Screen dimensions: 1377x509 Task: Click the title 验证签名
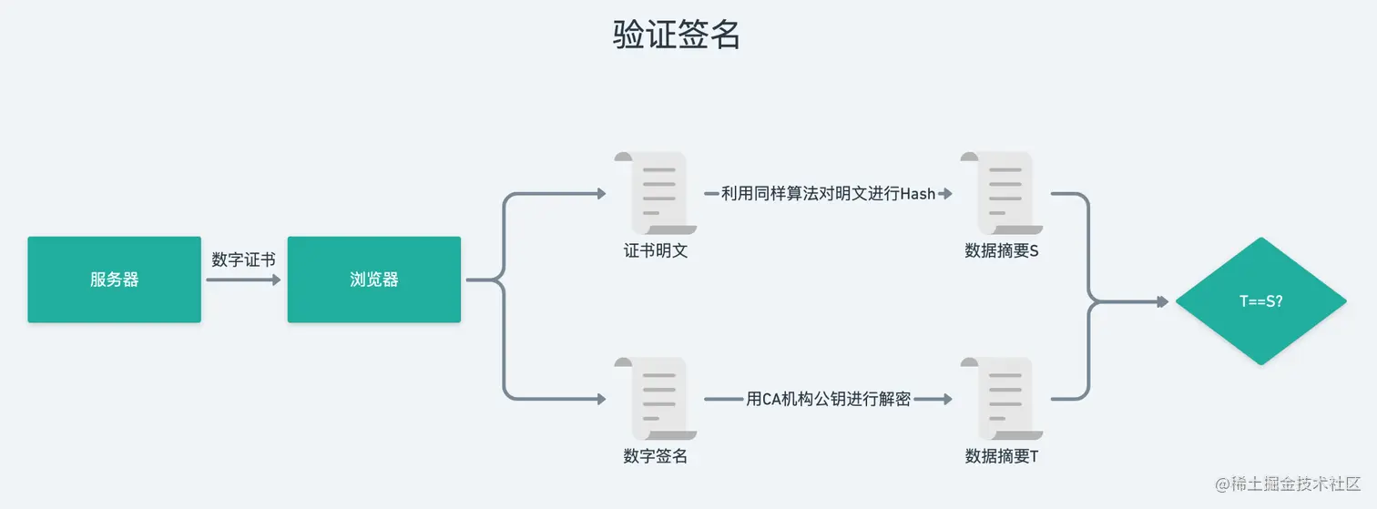point(676,35)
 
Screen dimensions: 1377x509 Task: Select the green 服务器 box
point(115,280)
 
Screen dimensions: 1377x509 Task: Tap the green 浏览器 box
point(373,280)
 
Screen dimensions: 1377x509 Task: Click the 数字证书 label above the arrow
point(243,260)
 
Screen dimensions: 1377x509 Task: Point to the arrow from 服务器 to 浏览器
point(243,280)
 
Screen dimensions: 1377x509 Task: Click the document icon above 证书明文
point(656,193)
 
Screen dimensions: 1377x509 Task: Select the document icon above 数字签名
point(656,398)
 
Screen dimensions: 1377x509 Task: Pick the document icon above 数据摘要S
point(1002,193)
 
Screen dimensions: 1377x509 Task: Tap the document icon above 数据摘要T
point(1002,398)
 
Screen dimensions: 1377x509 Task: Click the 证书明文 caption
point(656,250)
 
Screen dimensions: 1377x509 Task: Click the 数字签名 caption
point(656,456)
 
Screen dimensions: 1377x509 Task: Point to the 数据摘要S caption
point(1002,250)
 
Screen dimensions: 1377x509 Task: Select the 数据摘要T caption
point(1002,456)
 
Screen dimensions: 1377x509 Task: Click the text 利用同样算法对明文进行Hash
point(828,194)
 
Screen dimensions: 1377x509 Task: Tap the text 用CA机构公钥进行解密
point(828,399)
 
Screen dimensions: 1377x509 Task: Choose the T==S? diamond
point(1260,301)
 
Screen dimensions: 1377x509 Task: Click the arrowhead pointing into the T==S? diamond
point(1162,301)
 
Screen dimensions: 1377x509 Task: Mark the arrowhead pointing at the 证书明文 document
point(601,194)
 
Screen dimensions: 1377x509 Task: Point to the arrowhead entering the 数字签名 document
point(601,399)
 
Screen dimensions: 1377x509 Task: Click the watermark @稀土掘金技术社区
point(1288,484)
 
